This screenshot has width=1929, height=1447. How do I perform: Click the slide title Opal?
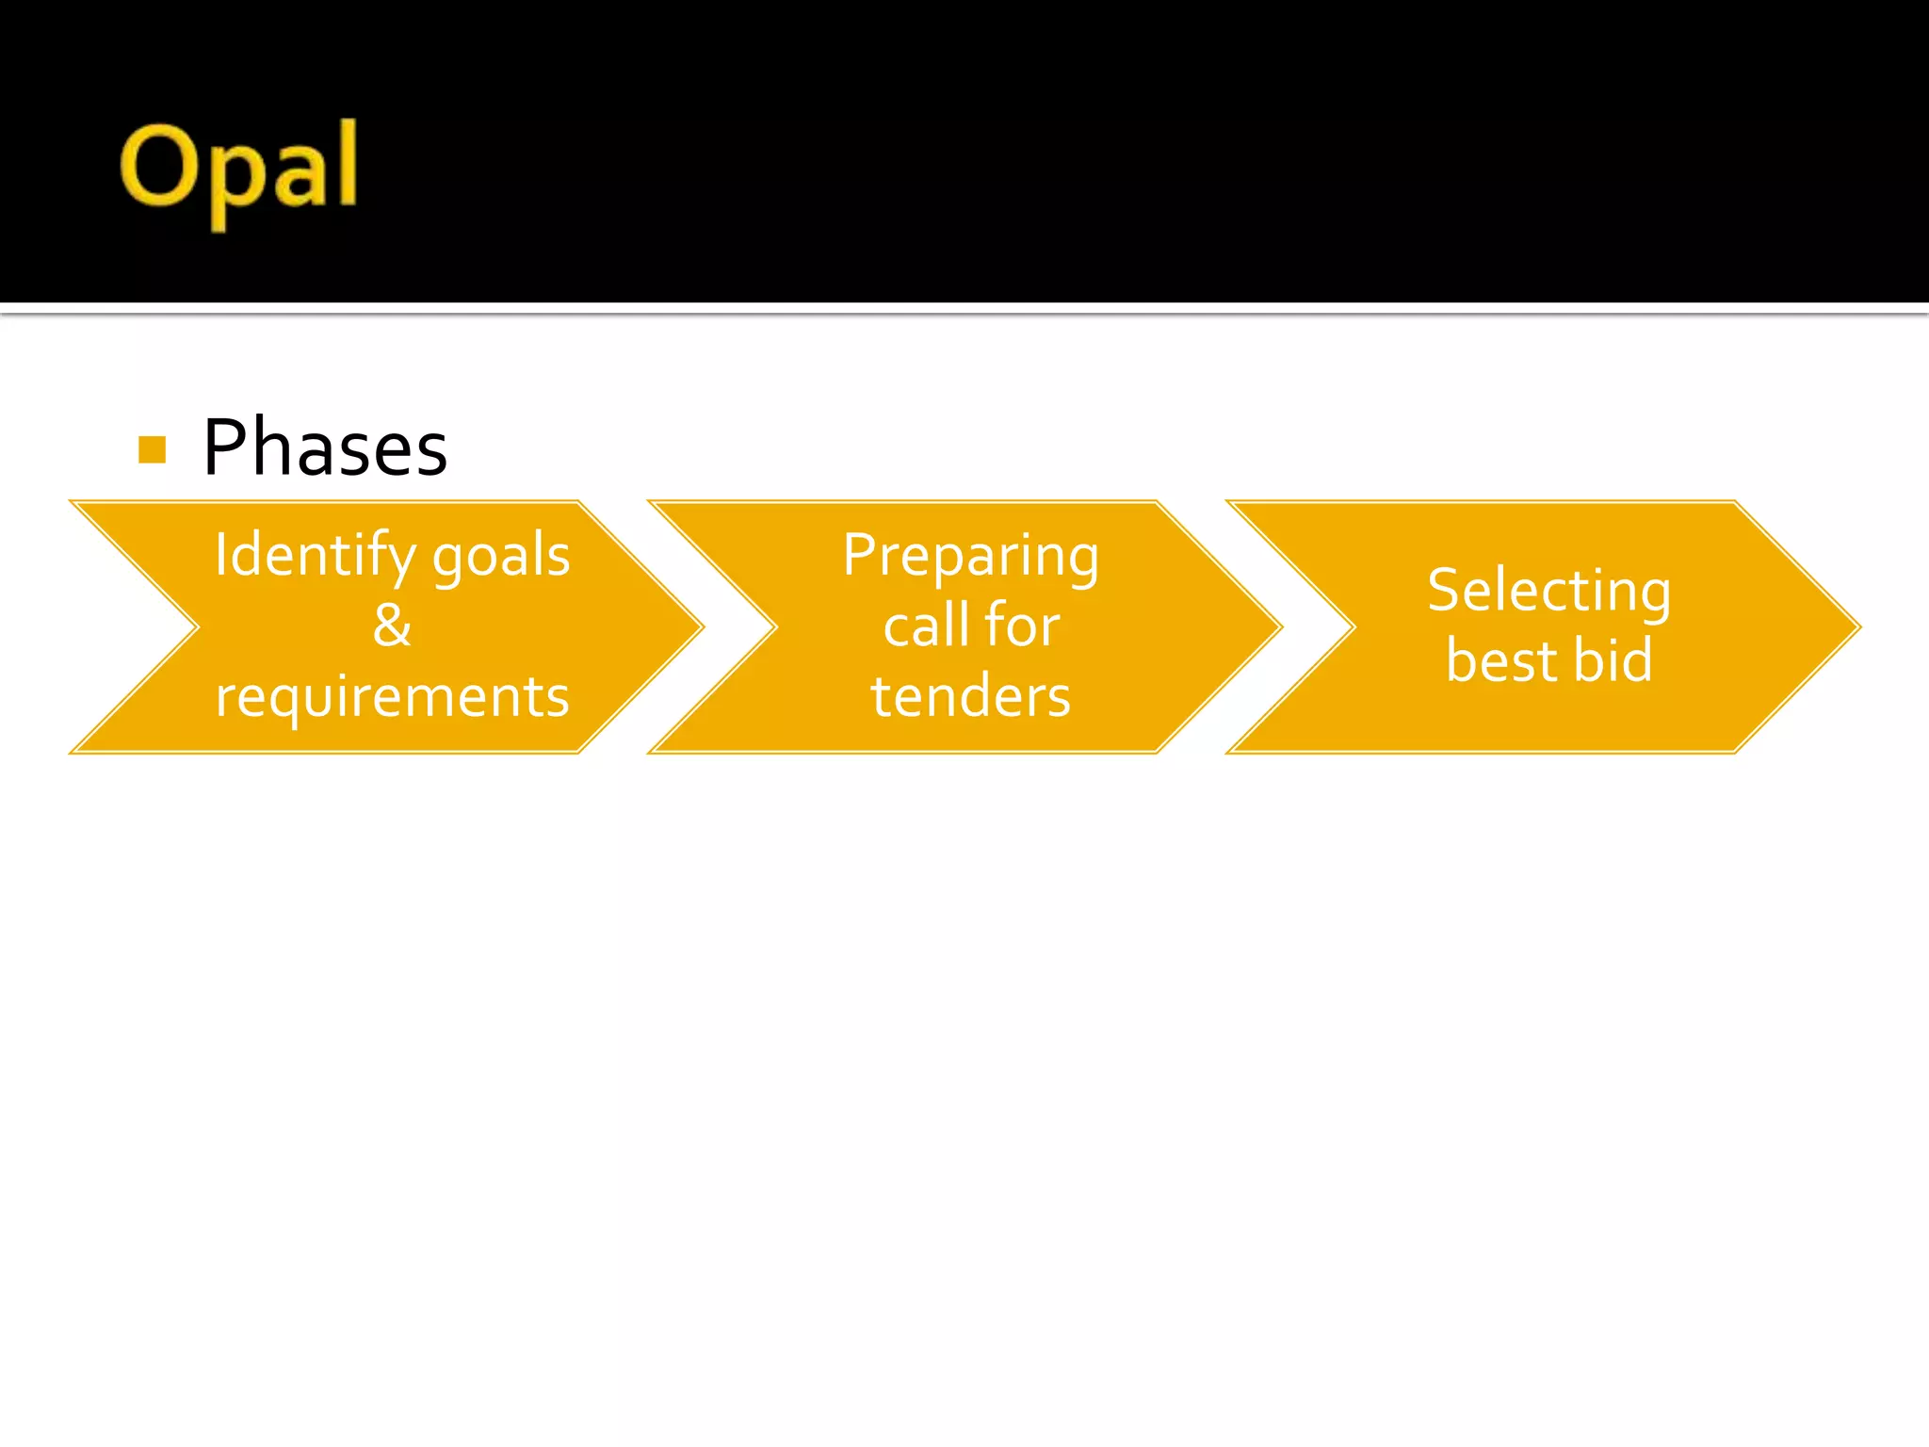coord(238,170)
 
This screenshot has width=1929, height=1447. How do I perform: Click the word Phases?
coord(325,448)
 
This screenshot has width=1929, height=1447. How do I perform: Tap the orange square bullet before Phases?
coord(152,449)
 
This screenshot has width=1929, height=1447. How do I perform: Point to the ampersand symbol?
coord(392,626)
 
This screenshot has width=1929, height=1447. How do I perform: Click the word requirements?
coord(392,697)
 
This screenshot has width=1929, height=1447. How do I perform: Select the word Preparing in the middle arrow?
coord(970,556)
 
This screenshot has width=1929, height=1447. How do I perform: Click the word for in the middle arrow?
coord(1022,626)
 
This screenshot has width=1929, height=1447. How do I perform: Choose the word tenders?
coord(970,697)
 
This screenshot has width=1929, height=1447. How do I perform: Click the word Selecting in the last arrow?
coord(1548,592)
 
